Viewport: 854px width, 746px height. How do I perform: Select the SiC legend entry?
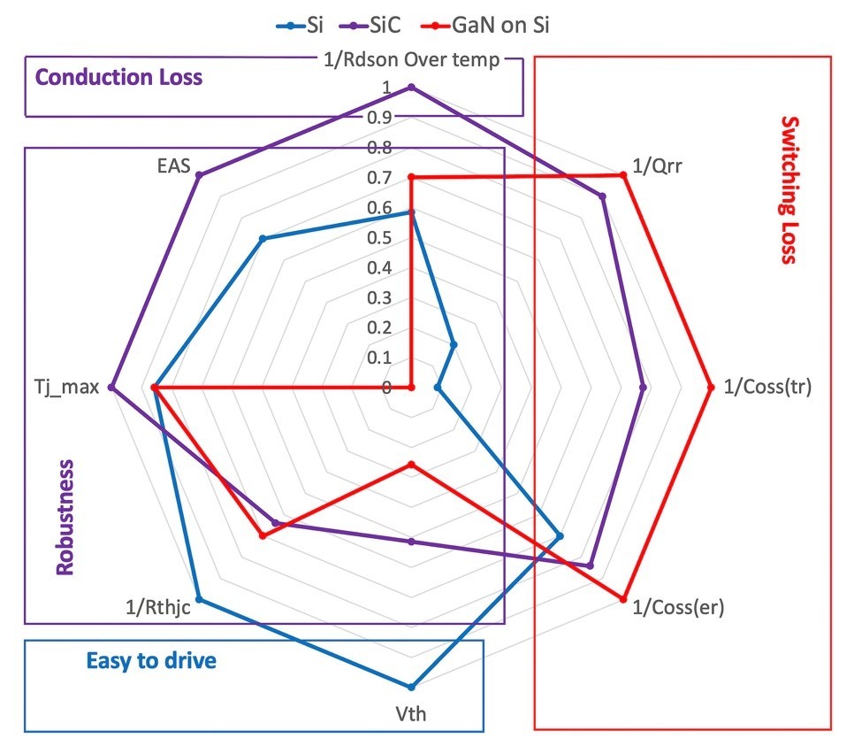pos(381,26)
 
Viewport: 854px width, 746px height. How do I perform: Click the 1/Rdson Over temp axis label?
pos(410,60)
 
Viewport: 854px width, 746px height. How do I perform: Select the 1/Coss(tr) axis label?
pos(767,387)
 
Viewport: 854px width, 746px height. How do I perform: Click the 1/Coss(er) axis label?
pos(679,609)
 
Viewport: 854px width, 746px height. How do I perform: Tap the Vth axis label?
pos(410,713)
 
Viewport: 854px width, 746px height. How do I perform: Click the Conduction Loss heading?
pos(118,77)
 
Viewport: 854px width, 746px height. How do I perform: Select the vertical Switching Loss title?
pos(789,190)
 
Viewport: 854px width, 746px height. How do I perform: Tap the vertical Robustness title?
pos(65,518)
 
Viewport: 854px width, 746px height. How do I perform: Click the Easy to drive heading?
pos(151,660)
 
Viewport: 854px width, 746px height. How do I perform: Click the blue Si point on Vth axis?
pos(410,687)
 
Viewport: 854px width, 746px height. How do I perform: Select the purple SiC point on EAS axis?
pos(199,175)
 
